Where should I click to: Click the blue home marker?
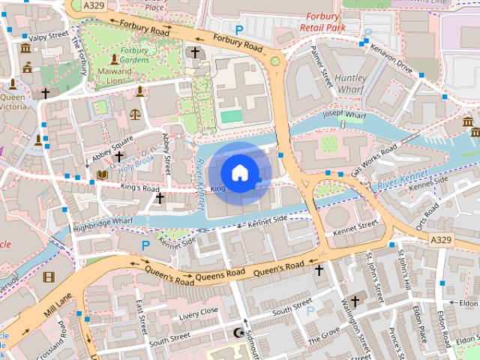click(x=239, y=173)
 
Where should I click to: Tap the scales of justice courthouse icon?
click(x=135, y=115)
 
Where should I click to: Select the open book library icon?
click(x=102, y=175)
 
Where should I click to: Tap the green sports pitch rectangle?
click(x=232, y=117)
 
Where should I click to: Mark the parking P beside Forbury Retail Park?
click(x=239, y=29)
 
